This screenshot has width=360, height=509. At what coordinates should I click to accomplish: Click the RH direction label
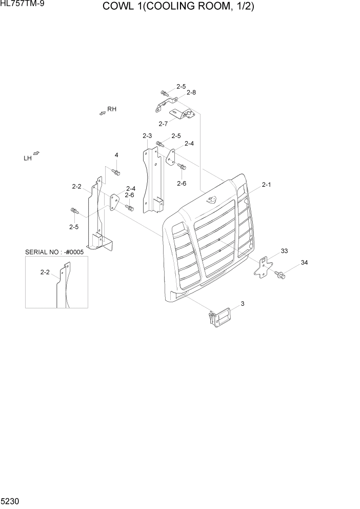(112, 109)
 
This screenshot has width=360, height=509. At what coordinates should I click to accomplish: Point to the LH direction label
(28, 159)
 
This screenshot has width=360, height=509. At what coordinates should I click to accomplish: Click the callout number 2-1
(267, 184)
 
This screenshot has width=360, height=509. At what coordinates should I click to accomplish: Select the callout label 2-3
(147, 135)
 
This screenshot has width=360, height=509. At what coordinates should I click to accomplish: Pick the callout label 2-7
(164, 124)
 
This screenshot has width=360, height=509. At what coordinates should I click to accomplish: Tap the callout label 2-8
(191, 93)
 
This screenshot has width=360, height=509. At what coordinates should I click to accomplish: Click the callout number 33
(284, 251)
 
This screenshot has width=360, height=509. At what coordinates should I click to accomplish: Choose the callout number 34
(304, 263)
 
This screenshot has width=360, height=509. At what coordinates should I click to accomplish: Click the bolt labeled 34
(280, 275)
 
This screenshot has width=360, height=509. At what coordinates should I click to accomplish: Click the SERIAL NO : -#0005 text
(54, 252)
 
